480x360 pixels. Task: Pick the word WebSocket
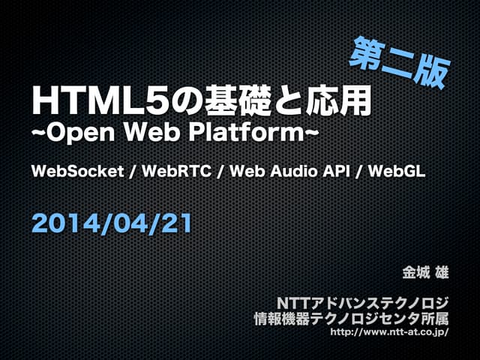pos(78,172)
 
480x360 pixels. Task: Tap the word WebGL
pos(399,172)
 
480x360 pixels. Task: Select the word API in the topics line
pos(336,172)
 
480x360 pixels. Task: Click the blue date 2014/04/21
pos(112,221)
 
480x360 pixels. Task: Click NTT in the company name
pos(294,302)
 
